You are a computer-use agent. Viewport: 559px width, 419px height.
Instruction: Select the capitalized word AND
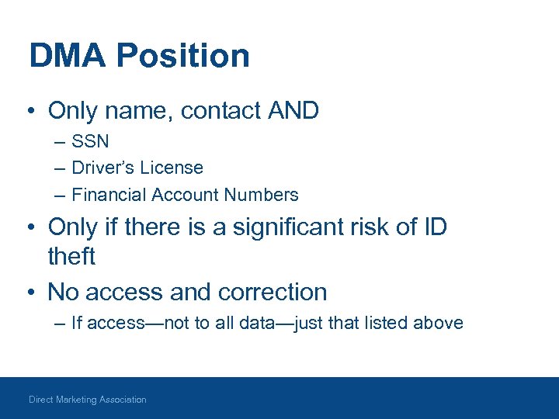click(293, 111)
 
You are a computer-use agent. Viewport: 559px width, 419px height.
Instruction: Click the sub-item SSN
click(90, 141)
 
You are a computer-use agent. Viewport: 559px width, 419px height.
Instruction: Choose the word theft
click(71, 255)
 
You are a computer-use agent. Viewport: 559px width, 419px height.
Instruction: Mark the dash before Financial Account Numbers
click(61, 194)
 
